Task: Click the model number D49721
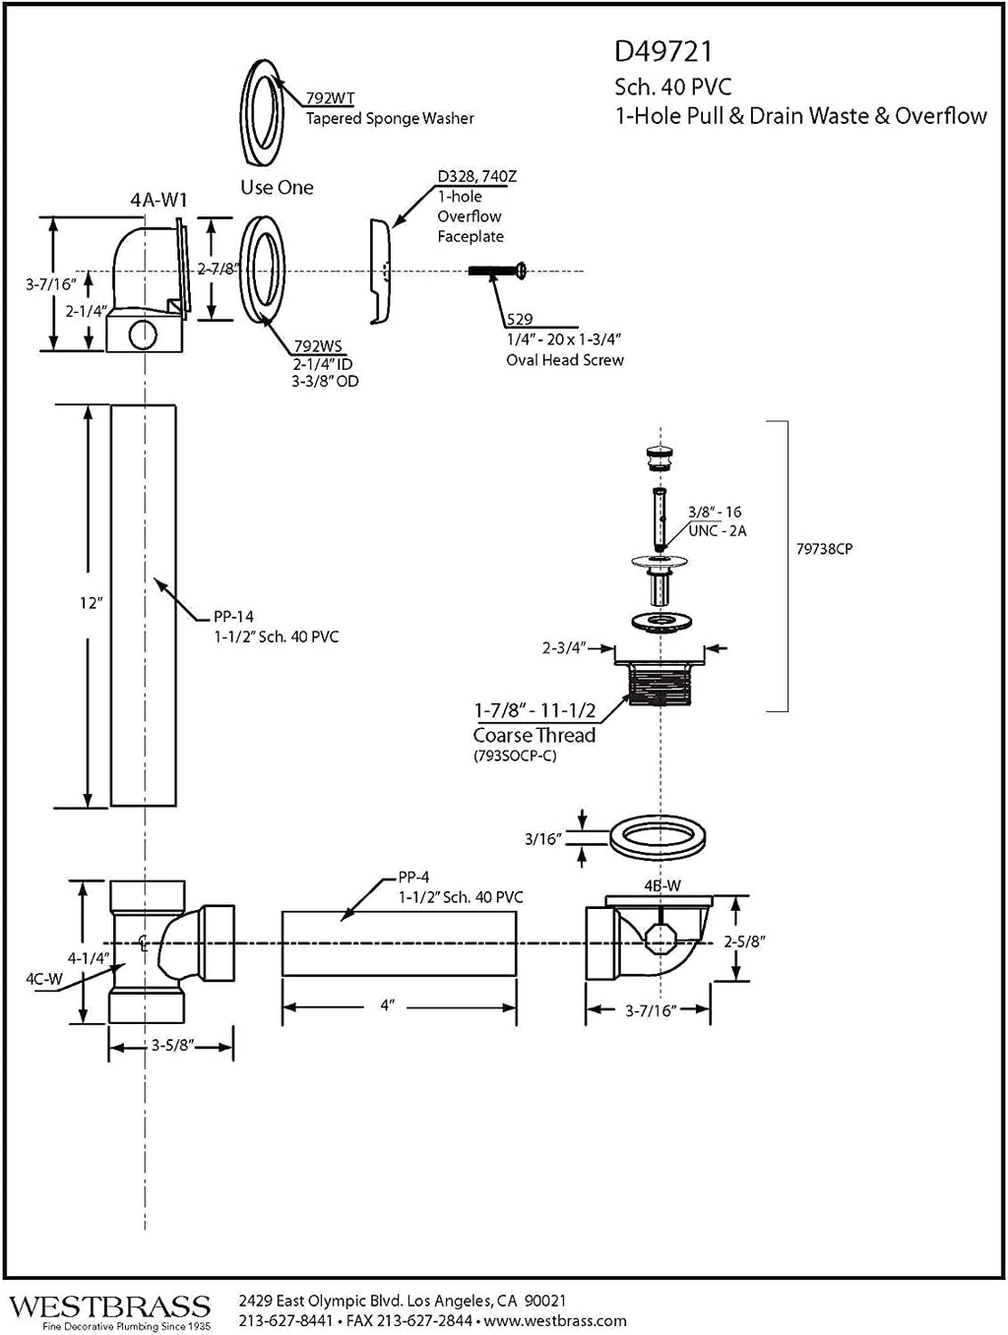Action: [662, 52]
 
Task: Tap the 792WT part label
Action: [331, 98]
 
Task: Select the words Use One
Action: [277, 187]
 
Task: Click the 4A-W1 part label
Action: [158, 200]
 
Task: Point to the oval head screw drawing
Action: [497, 270]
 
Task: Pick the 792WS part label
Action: [318, 346]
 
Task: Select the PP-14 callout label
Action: [233, 616]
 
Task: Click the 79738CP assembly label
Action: [824, 549]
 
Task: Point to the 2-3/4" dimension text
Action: [564, 647]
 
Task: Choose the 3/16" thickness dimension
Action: [542, 839]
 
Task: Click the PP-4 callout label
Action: [413, 877]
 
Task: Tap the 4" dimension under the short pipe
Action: [388, 1005]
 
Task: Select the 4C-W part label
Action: [43, 979]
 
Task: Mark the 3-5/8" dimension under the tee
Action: [172, 1046]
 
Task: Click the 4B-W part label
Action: [662, 886]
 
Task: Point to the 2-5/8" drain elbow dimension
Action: [744, 941]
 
